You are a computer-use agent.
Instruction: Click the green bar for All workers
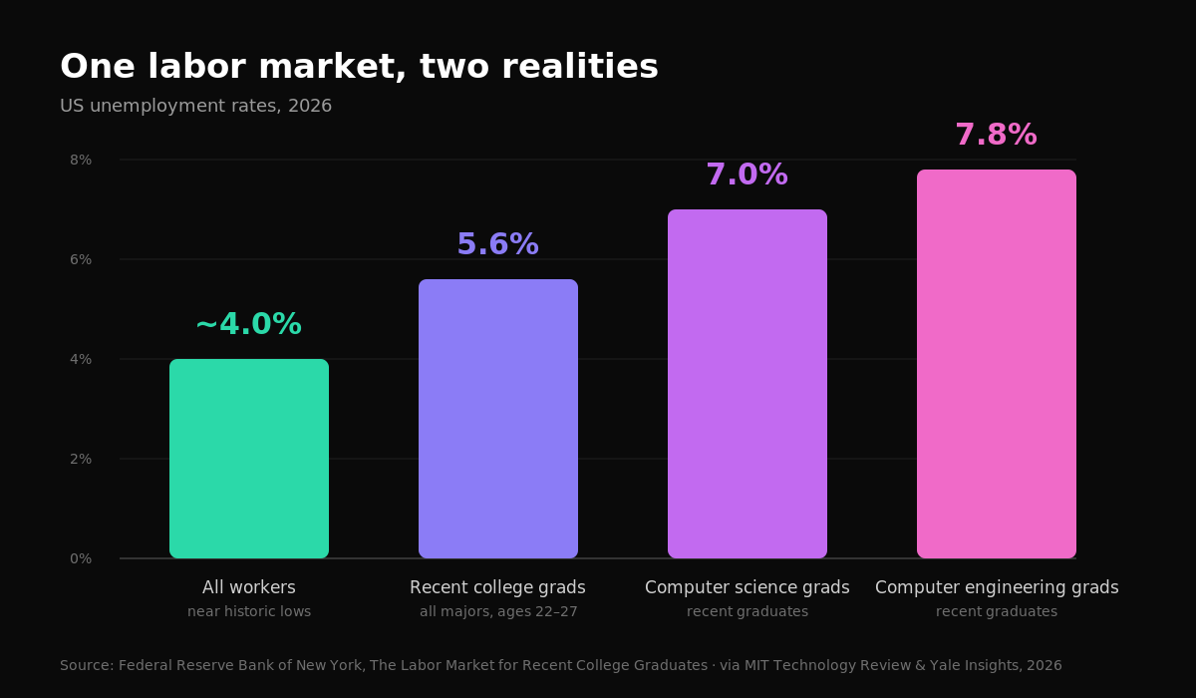(x=249, y=459)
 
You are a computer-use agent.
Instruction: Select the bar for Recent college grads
(x=498, y=419)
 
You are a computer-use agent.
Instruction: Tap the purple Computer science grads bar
(x=747, y=384)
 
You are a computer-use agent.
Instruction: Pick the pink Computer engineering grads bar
(x=997, y=364)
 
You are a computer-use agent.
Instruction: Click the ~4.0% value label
(x=249, y=324)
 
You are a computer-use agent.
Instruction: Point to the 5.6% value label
(x=498, y=244)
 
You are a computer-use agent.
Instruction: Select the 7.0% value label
(x=747, y=174)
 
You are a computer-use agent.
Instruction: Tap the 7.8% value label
(x=997, y=135)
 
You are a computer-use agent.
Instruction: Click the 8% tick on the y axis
(x=81, y=160)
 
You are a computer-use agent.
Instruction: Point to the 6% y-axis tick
(x=81, y=259)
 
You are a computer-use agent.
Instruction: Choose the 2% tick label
(x=81, y=459)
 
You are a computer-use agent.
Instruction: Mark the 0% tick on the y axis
(x=81, y=558)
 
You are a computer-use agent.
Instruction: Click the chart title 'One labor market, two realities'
(x=359, y=67)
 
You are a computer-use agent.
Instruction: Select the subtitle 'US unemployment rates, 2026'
(x=196, y=106)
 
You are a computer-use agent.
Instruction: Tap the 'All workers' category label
(x=249, y=587)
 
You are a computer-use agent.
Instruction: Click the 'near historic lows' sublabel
(x=249, y=611)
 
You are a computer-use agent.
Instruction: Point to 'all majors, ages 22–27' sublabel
(x=498, y=612)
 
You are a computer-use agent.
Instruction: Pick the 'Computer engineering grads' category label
(x=997, y=588)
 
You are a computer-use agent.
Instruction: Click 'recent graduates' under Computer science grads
(x=747, y=612)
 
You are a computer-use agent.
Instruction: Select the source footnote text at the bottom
(x=560, y=665)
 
